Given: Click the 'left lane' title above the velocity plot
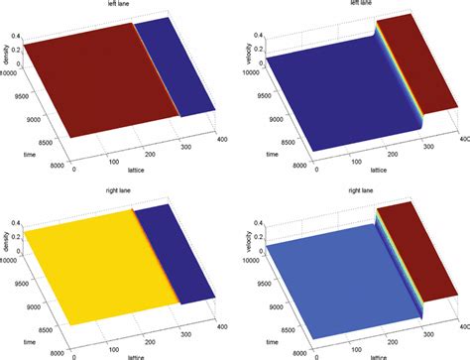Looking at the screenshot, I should (350, 5).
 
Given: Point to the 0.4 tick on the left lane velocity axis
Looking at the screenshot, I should (252, 37).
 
